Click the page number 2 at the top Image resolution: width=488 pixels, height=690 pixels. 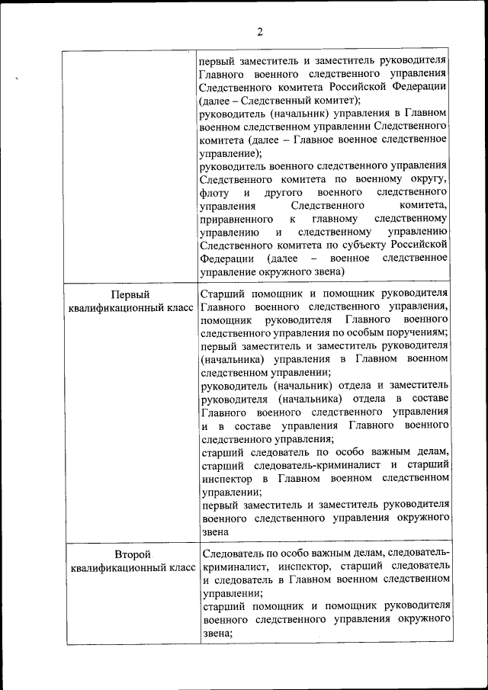(x=259, y=32)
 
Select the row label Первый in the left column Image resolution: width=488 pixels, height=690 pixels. (x=130, y=294)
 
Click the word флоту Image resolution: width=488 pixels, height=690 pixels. (x=213, y=192)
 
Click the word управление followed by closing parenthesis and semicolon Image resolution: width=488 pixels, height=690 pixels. (x=230, y=152)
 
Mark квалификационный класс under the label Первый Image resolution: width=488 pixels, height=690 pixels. (x=130, y=308)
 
